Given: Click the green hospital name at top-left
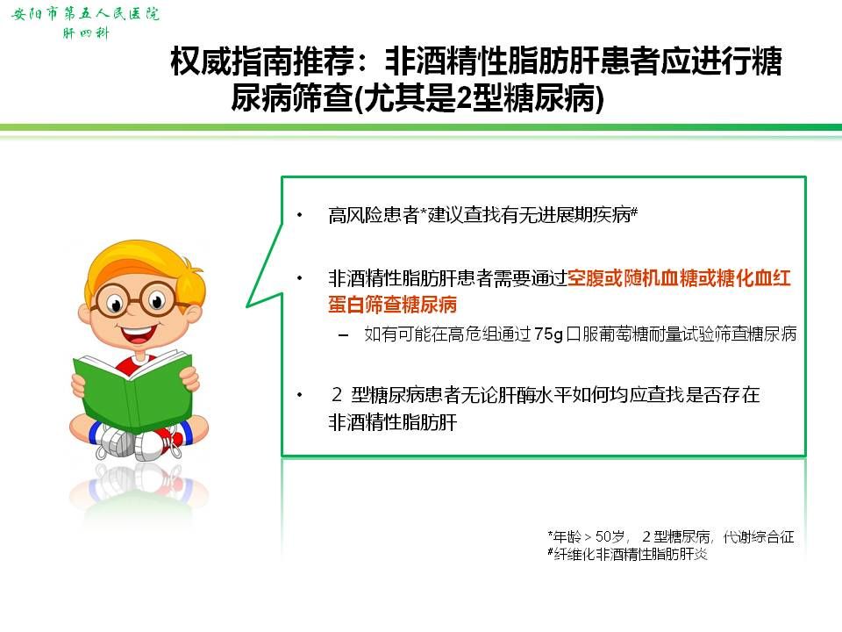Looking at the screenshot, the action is (85, 13).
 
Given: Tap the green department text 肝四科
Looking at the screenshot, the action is (86, 33).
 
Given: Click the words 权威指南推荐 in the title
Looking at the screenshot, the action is (262, 61).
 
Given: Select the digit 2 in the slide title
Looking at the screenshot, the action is (463, 99).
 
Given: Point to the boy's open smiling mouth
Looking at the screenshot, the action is (138, 334).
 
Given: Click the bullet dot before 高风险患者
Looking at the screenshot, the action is (300, 215).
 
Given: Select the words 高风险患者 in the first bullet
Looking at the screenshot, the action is (374, 215).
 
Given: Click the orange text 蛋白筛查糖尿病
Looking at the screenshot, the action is (393, 305).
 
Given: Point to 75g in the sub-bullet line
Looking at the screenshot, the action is (548, 334).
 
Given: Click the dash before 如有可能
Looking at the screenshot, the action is (343, 335).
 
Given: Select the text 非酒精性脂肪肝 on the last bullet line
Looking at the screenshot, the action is (393, 422).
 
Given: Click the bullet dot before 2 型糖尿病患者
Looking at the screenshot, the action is (300, 395).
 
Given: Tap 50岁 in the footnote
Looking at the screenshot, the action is (610, 536).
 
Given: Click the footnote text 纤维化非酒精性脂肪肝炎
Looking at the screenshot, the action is (631, 554).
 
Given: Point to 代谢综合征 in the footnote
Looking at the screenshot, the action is (759, 536).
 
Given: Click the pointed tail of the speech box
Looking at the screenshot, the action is (247, 306).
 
